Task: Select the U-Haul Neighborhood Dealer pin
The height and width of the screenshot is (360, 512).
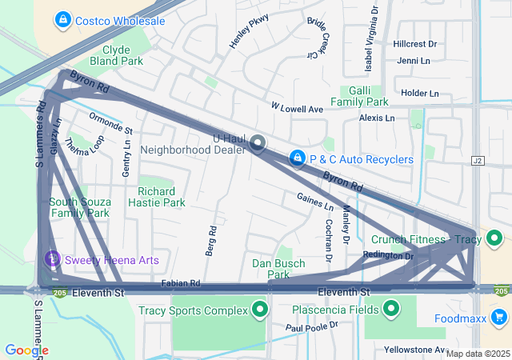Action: pyautogui.click(x=258, y=144)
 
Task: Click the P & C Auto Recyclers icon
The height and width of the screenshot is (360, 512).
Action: pyautogui.click(x=298, y=159)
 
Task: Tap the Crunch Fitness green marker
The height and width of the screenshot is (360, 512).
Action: pyautogui.click(x=494, y=238)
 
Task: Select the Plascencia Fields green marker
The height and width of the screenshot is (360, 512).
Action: pyautogui.click(x=392, y=309)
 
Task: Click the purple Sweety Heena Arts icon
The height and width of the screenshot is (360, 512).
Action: pyautogui.click(x=52, y=259)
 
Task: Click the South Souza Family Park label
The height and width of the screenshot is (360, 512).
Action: pyautogui.click(x=79, y=207)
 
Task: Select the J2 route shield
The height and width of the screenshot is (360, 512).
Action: pyautogui.click(x=479, y=161)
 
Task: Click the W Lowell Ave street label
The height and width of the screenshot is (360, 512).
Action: pyautogui.click(x=296, y=108)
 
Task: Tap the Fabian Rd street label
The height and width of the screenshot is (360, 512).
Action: pyautogui.click(x=180, y=283)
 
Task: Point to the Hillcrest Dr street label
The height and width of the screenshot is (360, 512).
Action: pyautogui.click(x=415, y=44)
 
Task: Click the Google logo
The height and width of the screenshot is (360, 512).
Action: pyautogui.click(x=26, y=350)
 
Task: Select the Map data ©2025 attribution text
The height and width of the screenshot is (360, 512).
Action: pyautogui.click(x=478, y=354)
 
